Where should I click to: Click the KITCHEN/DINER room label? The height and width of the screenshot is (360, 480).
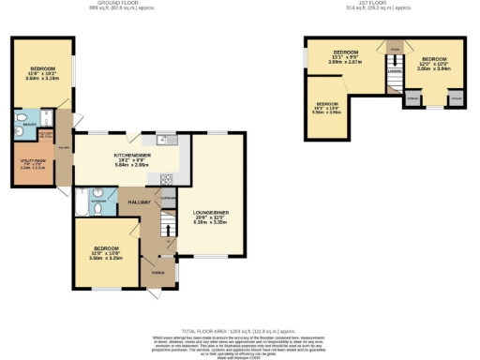[131, 154]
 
